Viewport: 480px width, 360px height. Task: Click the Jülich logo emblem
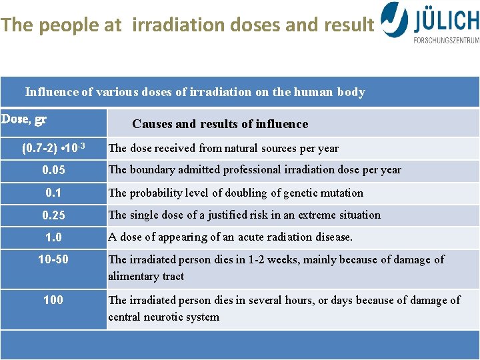click(395, 19)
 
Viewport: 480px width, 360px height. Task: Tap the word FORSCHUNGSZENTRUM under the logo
click(446, 40)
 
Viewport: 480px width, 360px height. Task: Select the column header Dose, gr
click(24, 120)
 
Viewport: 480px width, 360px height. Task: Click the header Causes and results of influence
click(220, 124)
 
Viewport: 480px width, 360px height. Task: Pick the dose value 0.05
click(53, 170)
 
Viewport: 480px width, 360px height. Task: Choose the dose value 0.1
click(53, 193)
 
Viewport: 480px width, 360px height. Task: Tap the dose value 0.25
click(53, 215)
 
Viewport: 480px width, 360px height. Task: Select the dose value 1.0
click(53, 237)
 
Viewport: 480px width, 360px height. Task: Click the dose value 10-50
click(53, 259)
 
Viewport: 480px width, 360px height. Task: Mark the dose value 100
click(53, 300)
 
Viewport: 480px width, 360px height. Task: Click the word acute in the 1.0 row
click(240, 237)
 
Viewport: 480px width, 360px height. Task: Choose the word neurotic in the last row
click(169, 317)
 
